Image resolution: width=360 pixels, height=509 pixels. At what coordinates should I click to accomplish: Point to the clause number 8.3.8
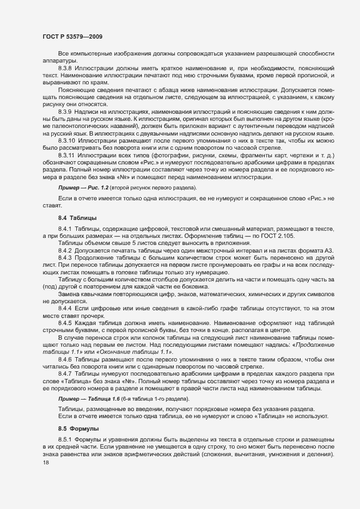pyautogui.click(x=65, y=68)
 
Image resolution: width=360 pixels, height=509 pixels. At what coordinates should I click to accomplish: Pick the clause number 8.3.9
pyautogui.click(x=65, y=111)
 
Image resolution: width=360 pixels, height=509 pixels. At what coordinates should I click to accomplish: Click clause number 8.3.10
pyautogui.click(x=67, y=140)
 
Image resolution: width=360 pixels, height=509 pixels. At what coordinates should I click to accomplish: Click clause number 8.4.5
pyautogui.click(x=65, y=323)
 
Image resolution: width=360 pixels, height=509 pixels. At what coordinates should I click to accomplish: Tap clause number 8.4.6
pyautogui.click(x=65, y=359)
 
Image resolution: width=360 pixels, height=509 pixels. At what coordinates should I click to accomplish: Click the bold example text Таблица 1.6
pyautogui.click(x=103, y=399)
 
